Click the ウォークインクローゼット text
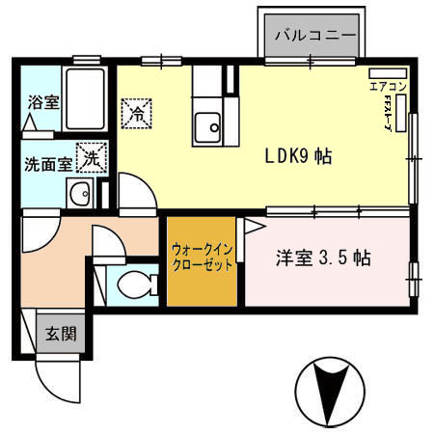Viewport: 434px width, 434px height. click(202, 258)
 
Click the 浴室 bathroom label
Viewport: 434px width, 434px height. click(42, 101)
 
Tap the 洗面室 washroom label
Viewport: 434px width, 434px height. click(46, 163)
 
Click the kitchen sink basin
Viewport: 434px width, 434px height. click(207, 124)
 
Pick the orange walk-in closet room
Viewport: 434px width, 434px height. click(202, 275)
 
